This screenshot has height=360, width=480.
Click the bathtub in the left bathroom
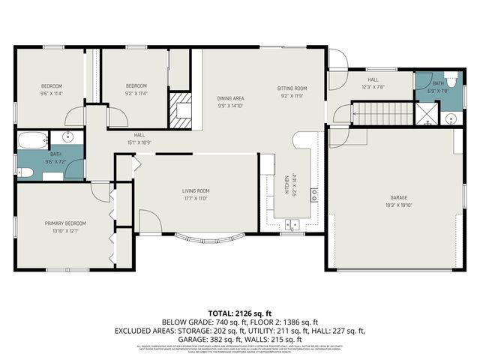coord(33,140)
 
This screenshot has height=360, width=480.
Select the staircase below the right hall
coord(382,114)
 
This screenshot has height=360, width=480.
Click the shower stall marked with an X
coord(427,114)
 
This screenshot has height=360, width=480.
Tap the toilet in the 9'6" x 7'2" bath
coord(25,172)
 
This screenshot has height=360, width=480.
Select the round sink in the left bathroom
coord(67,136)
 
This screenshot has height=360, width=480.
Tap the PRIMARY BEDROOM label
coord(65,223)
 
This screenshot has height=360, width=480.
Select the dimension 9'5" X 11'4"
coord(52,93)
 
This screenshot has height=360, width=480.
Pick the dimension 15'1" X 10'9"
coord(139,142)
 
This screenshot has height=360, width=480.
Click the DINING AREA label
coord(231,98)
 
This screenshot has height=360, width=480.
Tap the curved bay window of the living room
coord(211,240)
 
